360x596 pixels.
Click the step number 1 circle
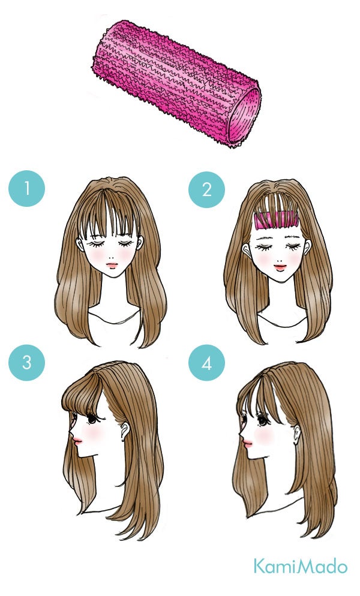click(x=26, y=188)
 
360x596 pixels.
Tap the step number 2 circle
click(x=206, y=189)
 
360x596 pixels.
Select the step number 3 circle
click(x=26, y=362)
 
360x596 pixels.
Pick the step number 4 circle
click(x=206, y=363)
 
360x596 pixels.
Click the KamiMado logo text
click(x=301, y=566)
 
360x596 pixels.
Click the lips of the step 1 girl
click(x=112, y=265)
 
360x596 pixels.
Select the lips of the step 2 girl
click(x=280, y=267)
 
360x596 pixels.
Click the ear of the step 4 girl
click(x=296, y=432)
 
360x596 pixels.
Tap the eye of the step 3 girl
click(x=92, y=419)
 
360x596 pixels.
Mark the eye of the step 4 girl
click(x=263, y=420)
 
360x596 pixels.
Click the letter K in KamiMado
click(x=259, y=566)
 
